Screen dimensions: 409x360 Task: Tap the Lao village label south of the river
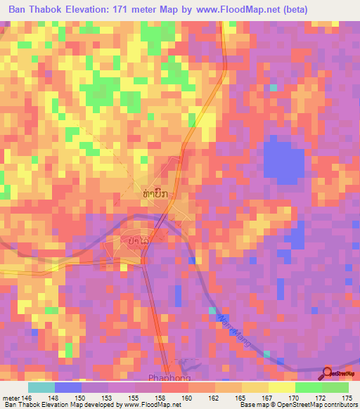137,241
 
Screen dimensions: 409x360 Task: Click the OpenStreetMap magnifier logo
328,373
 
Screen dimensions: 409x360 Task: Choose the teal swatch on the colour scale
41,387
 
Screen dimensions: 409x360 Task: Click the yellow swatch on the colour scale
255,387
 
